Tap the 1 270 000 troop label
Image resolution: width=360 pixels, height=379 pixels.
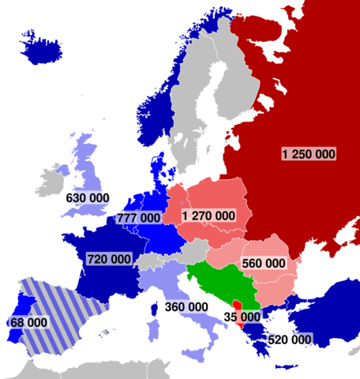coord(208,215)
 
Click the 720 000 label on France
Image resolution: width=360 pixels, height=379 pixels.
coord(109,259)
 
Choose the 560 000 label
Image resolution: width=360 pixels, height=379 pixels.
coord(264,263)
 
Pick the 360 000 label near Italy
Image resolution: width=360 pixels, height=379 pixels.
coord(187,306)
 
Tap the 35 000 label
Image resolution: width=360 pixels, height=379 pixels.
coord(242,317)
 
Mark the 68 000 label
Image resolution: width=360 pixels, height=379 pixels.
coord(28,323)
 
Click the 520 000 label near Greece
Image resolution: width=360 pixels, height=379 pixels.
coord(290,339)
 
